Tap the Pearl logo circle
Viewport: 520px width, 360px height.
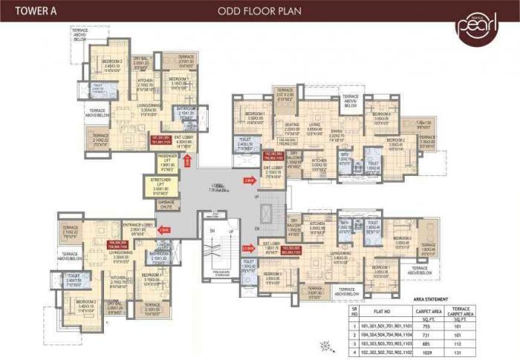[476, 27]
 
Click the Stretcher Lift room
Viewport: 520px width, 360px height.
[167, 186]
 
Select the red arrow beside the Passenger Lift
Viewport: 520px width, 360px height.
[189, 160]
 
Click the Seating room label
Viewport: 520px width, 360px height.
[293, 126]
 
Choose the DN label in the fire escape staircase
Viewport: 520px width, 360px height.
[212, 232]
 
